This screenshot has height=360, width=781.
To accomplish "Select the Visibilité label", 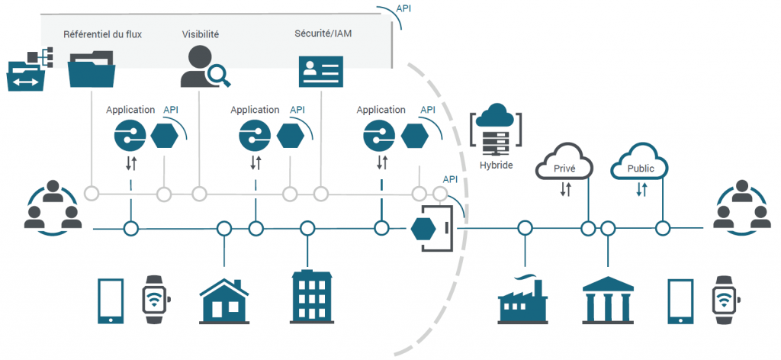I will (201, 34).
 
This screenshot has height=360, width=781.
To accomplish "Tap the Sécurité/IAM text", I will (323, 34).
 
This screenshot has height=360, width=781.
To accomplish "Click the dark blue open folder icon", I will (92, 69).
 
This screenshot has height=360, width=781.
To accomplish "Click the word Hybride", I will (496, 164).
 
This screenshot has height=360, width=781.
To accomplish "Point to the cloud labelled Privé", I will (564, 164).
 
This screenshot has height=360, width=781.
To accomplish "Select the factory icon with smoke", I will (523, 301).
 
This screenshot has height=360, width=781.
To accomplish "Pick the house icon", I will (223, 300).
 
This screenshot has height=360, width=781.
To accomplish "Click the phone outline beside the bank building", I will (681, 301).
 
